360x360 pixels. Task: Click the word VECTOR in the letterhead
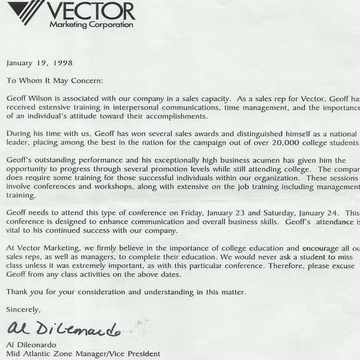click(92, 10)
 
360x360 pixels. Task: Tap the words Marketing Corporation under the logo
click(91, 25)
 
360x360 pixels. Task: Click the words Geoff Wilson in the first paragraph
click(30, 98)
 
